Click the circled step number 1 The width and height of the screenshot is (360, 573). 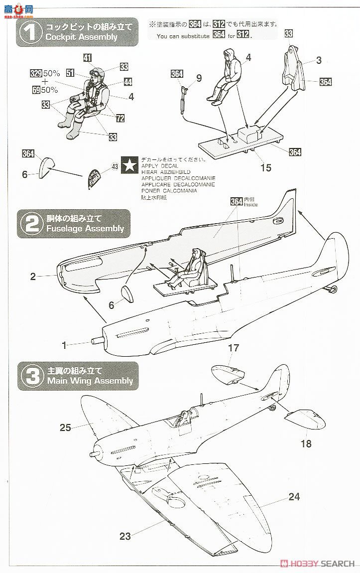(30, 32)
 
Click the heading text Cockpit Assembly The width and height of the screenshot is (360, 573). (81, 37)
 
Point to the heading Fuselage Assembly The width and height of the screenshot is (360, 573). (85, 228)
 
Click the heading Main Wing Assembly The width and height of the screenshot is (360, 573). (90, 381)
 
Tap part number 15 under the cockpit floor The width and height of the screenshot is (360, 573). (266, 168)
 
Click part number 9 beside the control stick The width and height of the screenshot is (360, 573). (199, 78)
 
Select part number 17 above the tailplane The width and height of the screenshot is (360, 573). (234, 348)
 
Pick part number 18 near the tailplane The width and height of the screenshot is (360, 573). (306, 443)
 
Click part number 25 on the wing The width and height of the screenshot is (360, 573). (66, 427)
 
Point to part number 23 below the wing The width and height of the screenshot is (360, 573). (125, 536)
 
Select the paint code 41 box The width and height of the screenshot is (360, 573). (88, 58)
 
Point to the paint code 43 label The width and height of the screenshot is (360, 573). (115, 167)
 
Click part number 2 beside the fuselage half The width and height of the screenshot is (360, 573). (33, 277)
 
